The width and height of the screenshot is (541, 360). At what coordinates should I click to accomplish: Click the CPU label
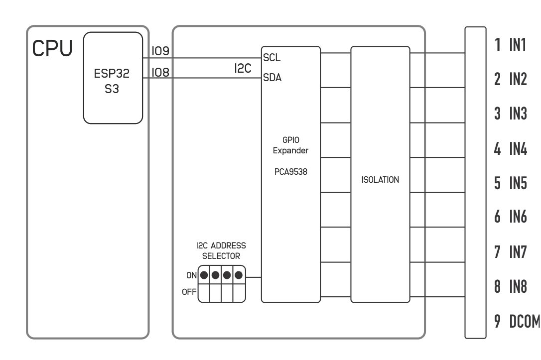52,48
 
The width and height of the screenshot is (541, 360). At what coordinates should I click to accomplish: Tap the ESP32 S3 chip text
112,81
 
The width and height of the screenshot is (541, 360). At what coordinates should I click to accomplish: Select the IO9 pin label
160,51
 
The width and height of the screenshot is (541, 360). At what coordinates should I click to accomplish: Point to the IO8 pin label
160,72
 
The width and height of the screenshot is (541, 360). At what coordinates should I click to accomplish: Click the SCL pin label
271,58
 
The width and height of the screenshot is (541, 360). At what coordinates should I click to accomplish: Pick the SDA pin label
272,78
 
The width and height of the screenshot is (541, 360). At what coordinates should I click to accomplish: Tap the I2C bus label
243,68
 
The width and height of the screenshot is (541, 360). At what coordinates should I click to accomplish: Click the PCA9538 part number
290,172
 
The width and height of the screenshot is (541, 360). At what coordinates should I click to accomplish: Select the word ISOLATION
380,180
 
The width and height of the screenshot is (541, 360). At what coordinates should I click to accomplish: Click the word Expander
290,151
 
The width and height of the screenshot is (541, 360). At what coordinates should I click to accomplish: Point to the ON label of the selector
191,275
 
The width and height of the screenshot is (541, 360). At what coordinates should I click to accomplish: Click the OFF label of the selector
189,292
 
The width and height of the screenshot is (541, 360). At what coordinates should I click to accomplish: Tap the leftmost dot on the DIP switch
204,275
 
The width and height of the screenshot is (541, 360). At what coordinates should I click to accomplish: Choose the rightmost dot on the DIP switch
239,275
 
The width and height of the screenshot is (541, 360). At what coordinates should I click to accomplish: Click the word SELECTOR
221,256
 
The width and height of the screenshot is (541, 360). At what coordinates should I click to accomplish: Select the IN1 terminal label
518,45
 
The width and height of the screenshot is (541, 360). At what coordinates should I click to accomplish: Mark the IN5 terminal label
518,183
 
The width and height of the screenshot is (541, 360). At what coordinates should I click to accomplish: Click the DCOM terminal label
525,321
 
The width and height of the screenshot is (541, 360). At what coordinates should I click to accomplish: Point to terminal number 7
497,252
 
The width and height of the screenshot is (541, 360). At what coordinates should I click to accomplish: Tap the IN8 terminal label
518,286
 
